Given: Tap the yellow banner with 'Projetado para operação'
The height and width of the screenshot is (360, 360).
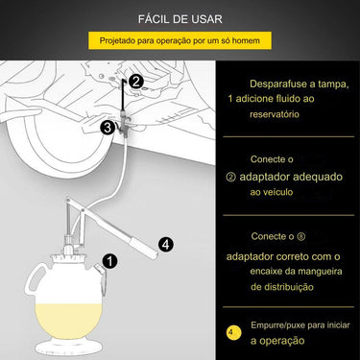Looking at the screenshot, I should [180, 42].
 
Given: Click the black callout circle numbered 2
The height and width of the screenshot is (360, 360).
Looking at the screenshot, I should [135, 82].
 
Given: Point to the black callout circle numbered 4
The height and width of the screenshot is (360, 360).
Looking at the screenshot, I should [165, 244].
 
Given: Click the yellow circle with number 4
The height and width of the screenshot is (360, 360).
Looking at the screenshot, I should [233, 334].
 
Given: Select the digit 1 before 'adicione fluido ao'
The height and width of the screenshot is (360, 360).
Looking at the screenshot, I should [232, 100].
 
